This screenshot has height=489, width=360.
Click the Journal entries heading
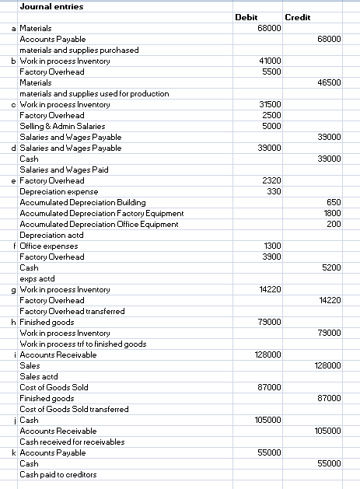click(51, 6)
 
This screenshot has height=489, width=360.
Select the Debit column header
click(246, 16)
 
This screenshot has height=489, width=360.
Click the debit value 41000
click(269, 60)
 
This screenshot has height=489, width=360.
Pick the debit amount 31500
click(269, 103)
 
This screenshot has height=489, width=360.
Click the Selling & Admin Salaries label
click(62, 125)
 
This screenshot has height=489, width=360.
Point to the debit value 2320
click(271, 180)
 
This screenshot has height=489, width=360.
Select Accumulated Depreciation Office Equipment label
click(99, 223)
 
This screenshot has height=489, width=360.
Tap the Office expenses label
click(48, 245)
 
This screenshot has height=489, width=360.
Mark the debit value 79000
click(269, 321)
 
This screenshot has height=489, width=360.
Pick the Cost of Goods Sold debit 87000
click(269, 386)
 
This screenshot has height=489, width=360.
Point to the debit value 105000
click(267, 419)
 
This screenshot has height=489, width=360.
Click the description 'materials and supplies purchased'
click(79, 49)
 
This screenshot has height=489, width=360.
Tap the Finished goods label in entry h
click(47, 321)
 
